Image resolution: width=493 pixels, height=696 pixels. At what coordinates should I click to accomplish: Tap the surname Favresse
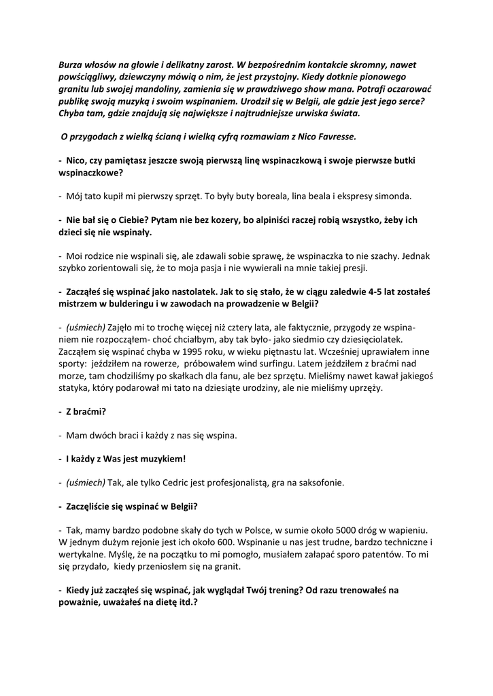point(333,137)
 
